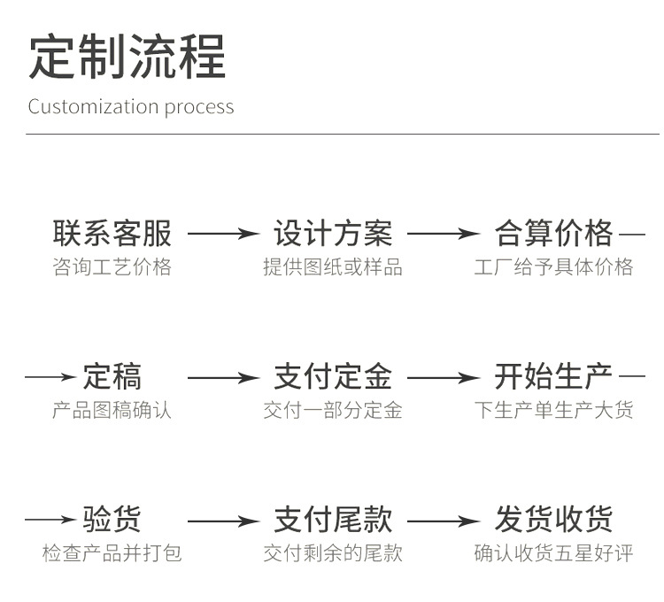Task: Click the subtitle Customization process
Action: tap(131, 107)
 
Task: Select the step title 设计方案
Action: tap(332, 234)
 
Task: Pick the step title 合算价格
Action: tap(553, 234)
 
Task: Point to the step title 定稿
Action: tap(112, 377)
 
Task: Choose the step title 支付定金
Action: tap(332, 377)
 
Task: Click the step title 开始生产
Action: tap(553, 377)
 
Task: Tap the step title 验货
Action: tap(112, 520)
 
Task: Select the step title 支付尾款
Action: tap(332, 520)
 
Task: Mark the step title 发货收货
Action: tap(553, 520)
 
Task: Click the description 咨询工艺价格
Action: tap(112, 267)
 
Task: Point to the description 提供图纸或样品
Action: tap(332, 267)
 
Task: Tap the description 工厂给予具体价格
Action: tap(553, 267)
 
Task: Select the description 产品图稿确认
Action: tap(112, 411)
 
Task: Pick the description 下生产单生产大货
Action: tap(553, 411)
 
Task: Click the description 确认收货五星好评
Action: tap(553, 554)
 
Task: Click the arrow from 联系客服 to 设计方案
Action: tap(223, 235)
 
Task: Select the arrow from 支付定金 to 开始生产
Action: tap(443, 378)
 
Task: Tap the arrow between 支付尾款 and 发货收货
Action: tap(443, 521)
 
